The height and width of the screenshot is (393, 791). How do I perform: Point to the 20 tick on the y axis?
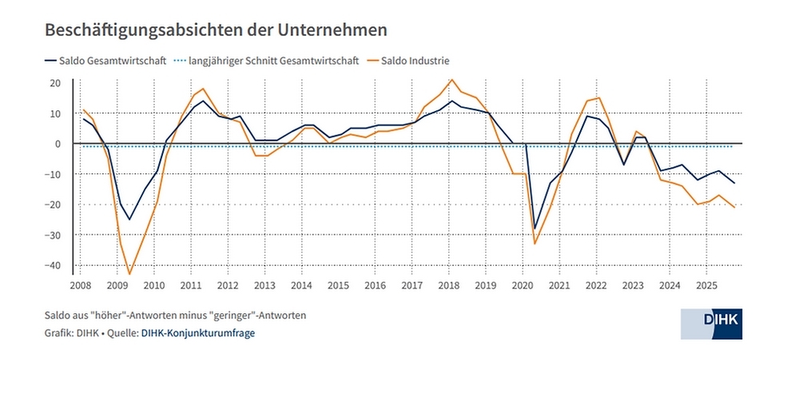tap(56, 82)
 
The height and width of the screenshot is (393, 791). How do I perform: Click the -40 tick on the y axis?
tap(54, 265)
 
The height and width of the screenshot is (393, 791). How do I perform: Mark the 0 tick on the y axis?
tap(58, 144)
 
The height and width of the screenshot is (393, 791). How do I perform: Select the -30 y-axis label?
tap(54, 235)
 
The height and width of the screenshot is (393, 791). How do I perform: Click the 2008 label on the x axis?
tap(80, 285)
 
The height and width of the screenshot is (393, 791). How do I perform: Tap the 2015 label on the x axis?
tap(338, 285)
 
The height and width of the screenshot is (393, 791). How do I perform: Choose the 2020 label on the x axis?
tap(522, 285)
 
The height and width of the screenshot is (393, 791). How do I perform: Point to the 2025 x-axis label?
tap(706, 285)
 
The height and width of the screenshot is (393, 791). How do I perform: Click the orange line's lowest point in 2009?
tap(129, 274)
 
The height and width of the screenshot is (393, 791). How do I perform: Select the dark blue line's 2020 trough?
tap(535, 228)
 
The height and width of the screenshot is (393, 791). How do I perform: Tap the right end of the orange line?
tap(735, 208)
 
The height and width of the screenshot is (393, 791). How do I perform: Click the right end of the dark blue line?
tap(735, 184)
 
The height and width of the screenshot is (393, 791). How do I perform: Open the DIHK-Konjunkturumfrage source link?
tap(198, 333)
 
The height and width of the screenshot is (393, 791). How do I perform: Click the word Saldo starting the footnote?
tap(58, 316)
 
